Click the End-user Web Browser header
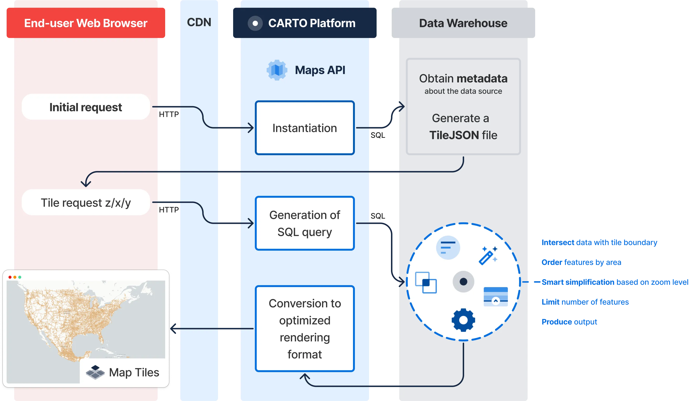(86, 23)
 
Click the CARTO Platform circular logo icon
(255, 23)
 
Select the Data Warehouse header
(463, 23)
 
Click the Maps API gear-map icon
(277, 70)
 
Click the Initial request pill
(86, 107)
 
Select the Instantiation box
(305, 128)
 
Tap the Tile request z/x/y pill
(86, 203)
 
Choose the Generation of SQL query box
(305, 223)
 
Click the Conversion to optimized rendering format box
(305, 328)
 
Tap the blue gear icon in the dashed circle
(463, 320)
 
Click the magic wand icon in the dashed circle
(488, 255)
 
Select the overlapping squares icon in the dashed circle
(426, 282)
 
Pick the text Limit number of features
(585, 302)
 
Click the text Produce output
(570, 321)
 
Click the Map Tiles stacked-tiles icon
(95, 372)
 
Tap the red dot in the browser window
(10, 277)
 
